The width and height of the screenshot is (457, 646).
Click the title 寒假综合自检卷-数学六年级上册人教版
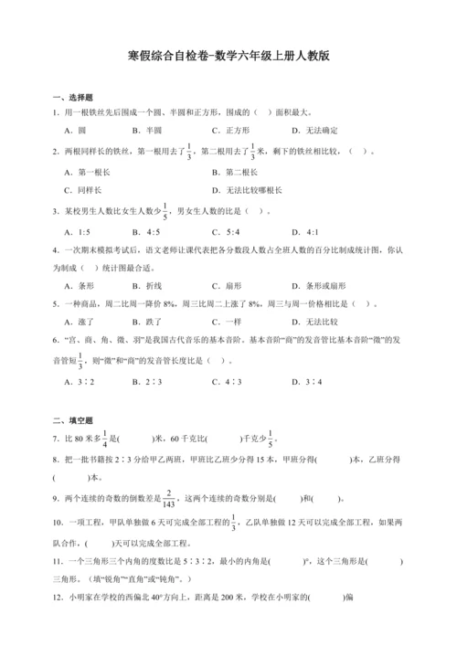pos(228,56)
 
